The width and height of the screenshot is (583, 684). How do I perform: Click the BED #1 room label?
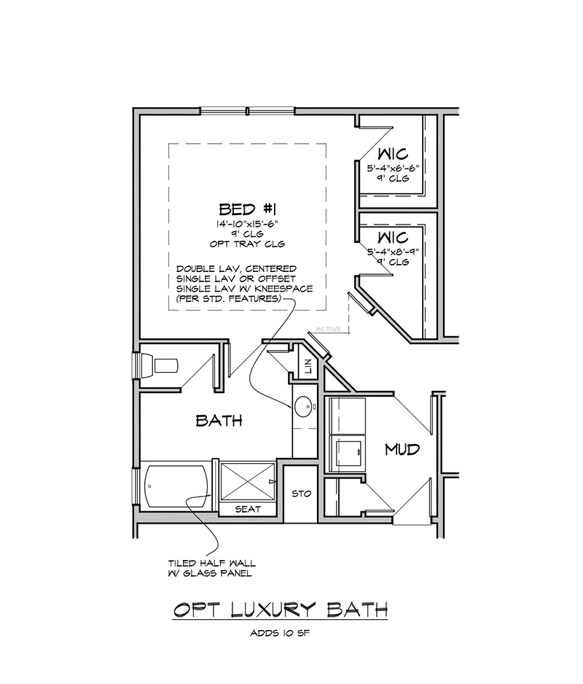coord(247,209)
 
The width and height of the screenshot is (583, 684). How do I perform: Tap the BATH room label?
coord(219,421)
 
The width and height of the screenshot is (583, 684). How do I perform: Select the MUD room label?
coord(402,449)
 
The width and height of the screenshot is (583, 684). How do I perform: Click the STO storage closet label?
coord(301,494)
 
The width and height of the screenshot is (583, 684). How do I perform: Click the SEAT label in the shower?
coord(248,509)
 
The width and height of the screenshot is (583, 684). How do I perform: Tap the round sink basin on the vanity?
coord(303,407)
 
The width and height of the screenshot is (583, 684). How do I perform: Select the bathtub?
coord(176,486)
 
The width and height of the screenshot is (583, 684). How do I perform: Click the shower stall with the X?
coord(248,481)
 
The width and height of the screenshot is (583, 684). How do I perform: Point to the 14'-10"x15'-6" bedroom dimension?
coord(247,224)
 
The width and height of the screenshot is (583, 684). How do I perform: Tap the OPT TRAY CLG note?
coord(247,244)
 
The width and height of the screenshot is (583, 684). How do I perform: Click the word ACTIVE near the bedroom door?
coord(329,329)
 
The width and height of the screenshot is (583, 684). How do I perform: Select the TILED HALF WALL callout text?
coord(212,563)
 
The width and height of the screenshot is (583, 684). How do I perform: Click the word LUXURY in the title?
coord(272,610)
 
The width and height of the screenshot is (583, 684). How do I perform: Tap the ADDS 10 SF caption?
coord(280,632)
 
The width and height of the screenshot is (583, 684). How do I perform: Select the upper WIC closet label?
coord(393,154)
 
